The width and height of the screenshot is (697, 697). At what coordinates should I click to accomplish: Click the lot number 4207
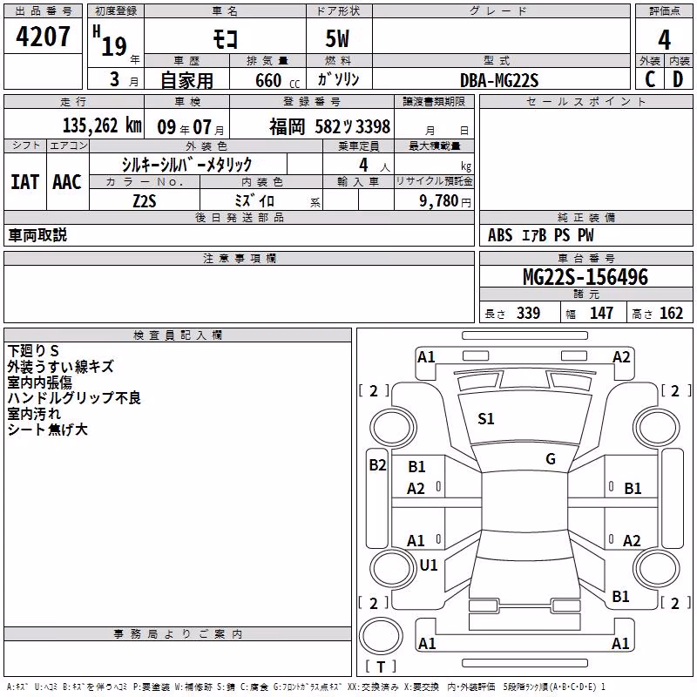click(43, 37)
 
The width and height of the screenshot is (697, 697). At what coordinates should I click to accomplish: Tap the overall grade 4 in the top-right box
click(664, 40)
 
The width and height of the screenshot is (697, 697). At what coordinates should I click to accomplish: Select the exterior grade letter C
click(650, 79)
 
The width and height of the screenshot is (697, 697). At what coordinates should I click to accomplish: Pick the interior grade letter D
click(678, 79)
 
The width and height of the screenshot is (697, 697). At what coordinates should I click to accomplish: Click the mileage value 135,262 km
click(102, 125)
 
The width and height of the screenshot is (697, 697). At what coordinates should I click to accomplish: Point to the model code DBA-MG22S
click(499, 80)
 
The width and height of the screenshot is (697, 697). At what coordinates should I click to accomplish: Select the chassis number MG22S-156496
click(585, 277)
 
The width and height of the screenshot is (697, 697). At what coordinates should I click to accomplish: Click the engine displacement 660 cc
click(277, 81)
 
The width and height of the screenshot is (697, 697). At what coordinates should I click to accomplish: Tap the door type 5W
click(337, 38)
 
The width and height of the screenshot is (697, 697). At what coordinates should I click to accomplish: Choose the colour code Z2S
click(145, 201)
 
